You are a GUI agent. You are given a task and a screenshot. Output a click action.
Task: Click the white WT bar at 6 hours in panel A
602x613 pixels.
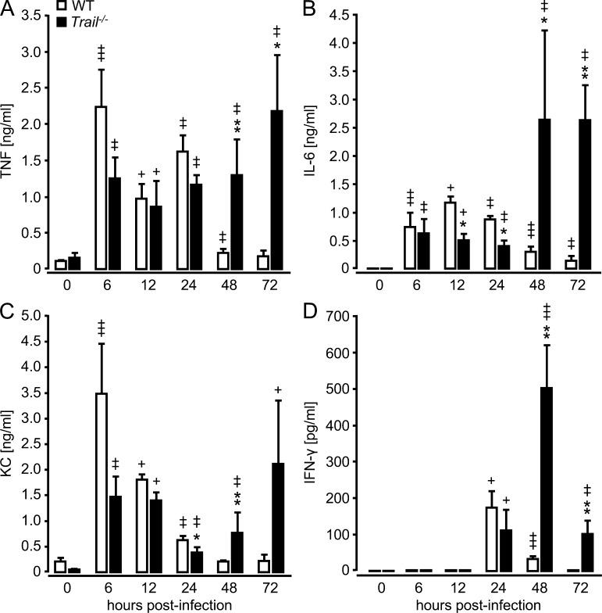coord(101,188)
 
